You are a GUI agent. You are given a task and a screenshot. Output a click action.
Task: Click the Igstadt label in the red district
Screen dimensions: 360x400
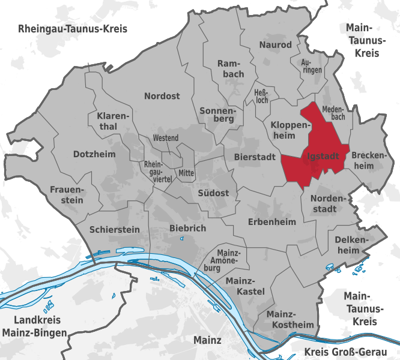323,156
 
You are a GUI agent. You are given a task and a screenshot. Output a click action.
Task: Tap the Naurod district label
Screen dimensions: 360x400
275,45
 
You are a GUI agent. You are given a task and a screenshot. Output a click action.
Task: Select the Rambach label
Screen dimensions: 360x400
230,68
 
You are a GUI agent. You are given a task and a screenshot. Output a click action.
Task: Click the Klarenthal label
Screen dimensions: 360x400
109,121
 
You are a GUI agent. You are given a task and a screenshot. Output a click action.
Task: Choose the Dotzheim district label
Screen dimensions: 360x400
94,154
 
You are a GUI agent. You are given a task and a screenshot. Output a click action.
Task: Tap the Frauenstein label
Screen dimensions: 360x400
67,194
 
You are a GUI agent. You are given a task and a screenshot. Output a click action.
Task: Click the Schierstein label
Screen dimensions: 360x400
114,229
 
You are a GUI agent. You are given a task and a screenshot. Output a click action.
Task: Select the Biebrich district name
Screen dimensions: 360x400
187,228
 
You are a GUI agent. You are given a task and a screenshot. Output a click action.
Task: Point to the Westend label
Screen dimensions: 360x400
166,138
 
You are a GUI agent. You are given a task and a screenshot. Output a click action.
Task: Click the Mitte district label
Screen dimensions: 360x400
187,172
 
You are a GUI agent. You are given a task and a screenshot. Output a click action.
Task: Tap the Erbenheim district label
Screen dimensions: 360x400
272,221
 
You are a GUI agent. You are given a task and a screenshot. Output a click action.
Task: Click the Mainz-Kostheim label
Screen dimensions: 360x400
290,319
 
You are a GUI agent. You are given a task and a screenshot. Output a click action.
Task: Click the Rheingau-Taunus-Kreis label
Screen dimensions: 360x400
73,29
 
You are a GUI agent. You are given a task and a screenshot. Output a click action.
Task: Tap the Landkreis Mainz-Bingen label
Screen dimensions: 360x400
34,326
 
